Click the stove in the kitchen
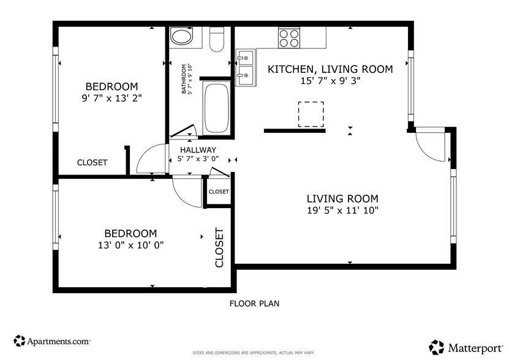[289, 39]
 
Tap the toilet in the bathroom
[217, 40]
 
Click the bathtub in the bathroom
[216, 108]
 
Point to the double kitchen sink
[246, 67]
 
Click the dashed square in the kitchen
[311, 114]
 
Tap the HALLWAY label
[198, 150]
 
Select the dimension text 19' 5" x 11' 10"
[342, 211]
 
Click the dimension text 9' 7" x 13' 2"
[111, 97]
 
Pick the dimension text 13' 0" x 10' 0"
[130, 245]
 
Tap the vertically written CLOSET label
[219, 248]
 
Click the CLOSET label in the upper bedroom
[92, 163]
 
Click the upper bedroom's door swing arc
[149, 159]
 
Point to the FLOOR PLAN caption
[254, 303]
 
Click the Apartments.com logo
[52, 340]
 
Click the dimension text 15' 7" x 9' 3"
[330, 81]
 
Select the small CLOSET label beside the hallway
[219, 192]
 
